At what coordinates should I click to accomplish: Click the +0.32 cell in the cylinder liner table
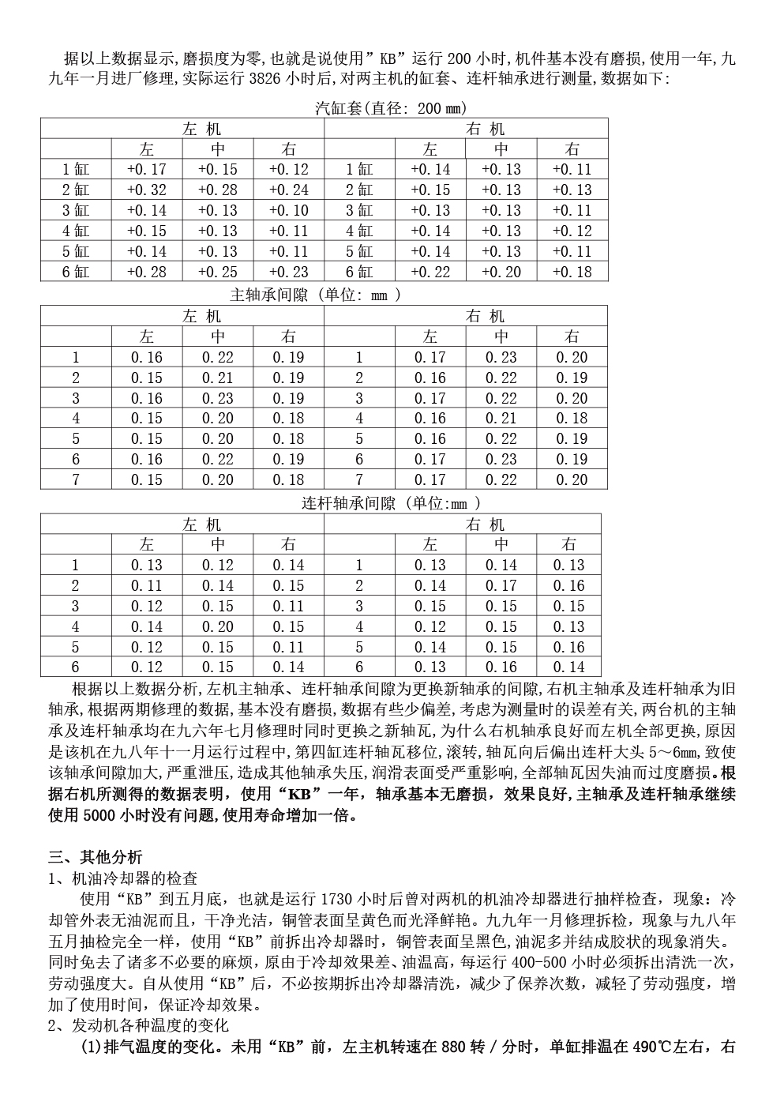click(146, 190)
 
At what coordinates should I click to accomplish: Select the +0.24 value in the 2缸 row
click(288, 190)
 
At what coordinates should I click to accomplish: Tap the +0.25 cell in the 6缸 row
click(217, 272)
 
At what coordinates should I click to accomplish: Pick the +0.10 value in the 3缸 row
click(288, 210)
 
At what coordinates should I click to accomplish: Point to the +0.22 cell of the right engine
click(430, 272)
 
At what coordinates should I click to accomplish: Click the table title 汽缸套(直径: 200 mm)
click(391, 108)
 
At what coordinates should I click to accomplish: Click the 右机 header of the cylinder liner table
click(485, 129)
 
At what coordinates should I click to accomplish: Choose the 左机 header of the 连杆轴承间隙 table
click(201, 524)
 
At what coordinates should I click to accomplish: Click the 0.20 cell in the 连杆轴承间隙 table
click(217, 626)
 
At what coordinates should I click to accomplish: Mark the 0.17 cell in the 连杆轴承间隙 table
click(501, 585)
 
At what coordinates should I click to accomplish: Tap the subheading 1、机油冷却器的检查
click(122, 878)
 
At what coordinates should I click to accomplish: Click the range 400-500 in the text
click(568, 962)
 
